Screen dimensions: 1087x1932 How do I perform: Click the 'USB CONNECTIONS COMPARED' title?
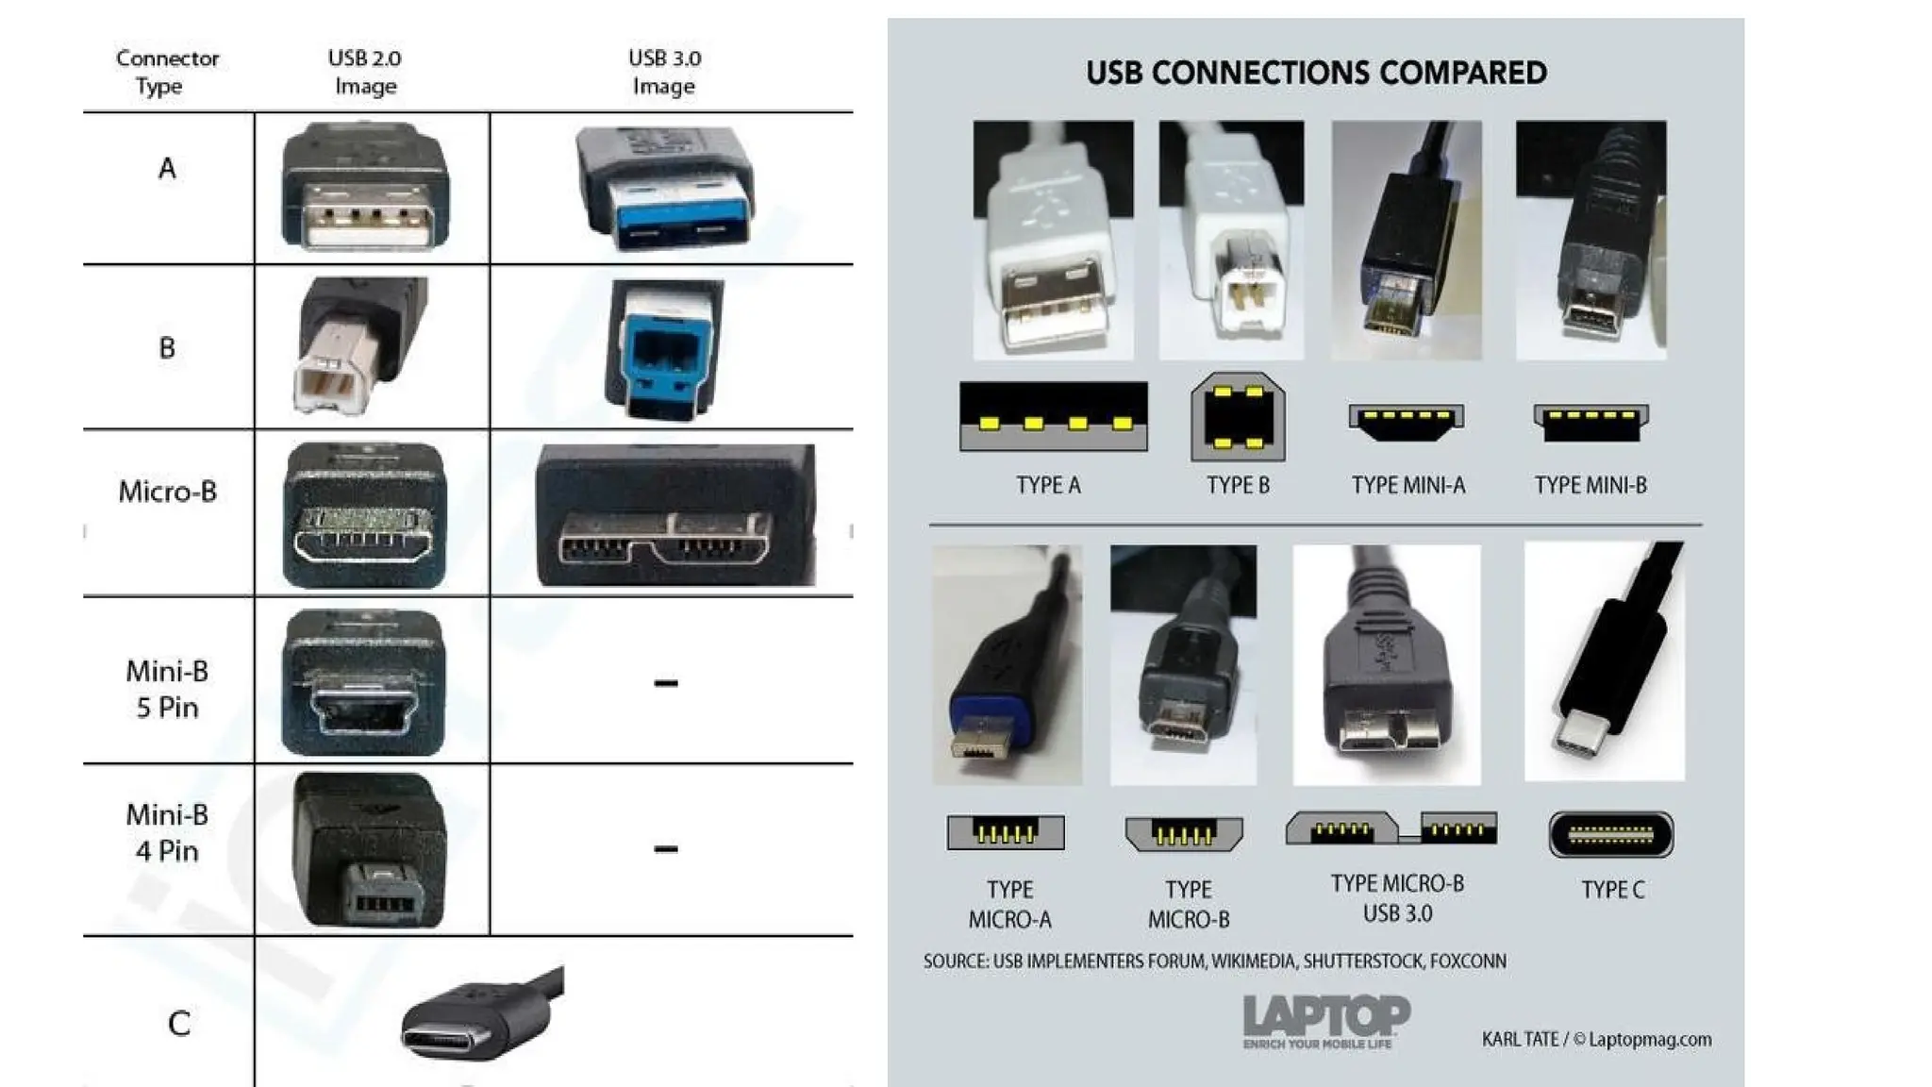click(x=1316, y=73)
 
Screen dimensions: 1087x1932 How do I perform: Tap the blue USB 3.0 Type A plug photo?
click(x=665, y=189)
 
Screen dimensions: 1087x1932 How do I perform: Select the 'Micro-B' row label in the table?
click(x=167, y=492)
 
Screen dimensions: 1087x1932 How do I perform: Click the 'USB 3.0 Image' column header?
click(x=664, y=72)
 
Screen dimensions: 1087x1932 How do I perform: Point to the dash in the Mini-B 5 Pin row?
click(x=665, y=682)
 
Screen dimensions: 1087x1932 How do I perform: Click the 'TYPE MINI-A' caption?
click(x=1407, y=485)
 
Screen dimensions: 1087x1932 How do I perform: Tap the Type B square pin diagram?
click(x=1238, y=416)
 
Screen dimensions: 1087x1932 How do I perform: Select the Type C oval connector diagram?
click(x=1610, y=834)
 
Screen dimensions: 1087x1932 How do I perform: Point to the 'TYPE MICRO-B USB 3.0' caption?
click(x=1397, y=898)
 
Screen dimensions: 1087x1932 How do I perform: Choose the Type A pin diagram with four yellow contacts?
click(x=1053, y=416)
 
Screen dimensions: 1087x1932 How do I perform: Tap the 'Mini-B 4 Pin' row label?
click(x=167, y=832)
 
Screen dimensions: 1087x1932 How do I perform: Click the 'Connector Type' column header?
click(x=167, y=72)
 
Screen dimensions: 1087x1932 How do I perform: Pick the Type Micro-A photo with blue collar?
click(x=1007, y=664)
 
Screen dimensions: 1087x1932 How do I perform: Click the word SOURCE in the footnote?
click(x=954, y=962)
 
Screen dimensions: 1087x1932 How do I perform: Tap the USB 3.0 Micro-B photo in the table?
click(x=674, y=515)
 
